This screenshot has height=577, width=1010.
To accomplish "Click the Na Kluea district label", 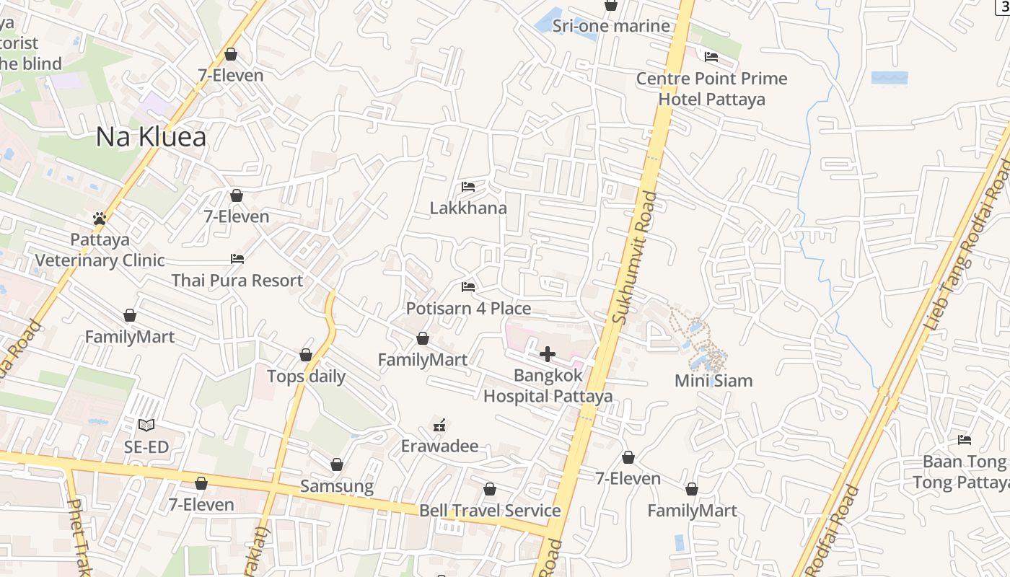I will coord(151,137).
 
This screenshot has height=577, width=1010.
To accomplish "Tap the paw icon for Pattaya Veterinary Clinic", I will coord(100,218).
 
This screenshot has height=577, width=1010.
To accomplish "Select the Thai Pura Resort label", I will coord(237,280).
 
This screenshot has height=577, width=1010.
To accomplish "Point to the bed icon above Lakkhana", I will coord(468,187).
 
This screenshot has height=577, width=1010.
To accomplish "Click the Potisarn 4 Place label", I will coord(468,309).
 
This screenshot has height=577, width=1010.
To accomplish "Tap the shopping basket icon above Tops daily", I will coord(306,355).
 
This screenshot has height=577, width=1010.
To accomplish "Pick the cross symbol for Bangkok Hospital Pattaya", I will coord(548,354).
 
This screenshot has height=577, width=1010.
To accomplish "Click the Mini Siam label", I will coord(713,381).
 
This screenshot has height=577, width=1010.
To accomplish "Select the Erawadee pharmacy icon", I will coord(439,425).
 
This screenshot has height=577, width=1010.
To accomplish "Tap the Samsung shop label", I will coord(337,486).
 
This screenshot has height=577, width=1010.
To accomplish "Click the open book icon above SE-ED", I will coord(146,426).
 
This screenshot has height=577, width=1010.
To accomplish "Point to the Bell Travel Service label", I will coord(490,511).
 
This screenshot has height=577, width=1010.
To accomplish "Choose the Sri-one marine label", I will coord(611,27).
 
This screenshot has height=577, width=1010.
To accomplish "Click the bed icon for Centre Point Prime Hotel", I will coord(711,57).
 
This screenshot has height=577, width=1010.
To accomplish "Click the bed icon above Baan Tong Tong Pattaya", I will coord(965,439).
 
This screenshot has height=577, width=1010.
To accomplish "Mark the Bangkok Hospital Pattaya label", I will coord(548,386).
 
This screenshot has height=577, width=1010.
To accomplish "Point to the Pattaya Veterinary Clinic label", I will coord(100,250).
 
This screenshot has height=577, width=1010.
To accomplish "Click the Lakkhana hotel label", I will coord(468,208).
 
